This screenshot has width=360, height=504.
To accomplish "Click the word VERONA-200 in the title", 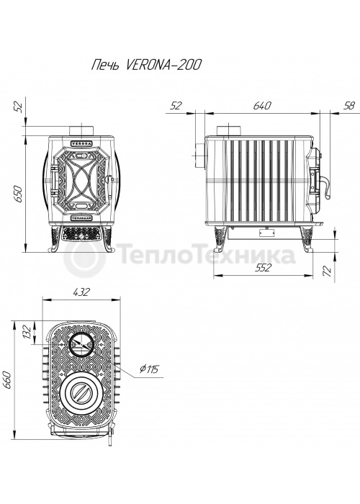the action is (x=164, y=66).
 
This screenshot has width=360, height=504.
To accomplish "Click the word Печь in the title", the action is (x=106, y=66).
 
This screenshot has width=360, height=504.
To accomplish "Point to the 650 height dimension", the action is (x=18, y=194).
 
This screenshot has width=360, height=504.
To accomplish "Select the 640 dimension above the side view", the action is (x=262, y=105).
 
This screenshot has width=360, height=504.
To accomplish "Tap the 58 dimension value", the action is (x=348, y=105).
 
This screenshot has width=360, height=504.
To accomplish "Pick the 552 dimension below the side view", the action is (x=264, y=267).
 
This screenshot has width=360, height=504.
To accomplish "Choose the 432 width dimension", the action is (x=81, y=292).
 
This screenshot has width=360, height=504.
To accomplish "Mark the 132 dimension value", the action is (x=27, y=333).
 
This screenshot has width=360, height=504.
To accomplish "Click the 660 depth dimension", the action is (x=7, y=379).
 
